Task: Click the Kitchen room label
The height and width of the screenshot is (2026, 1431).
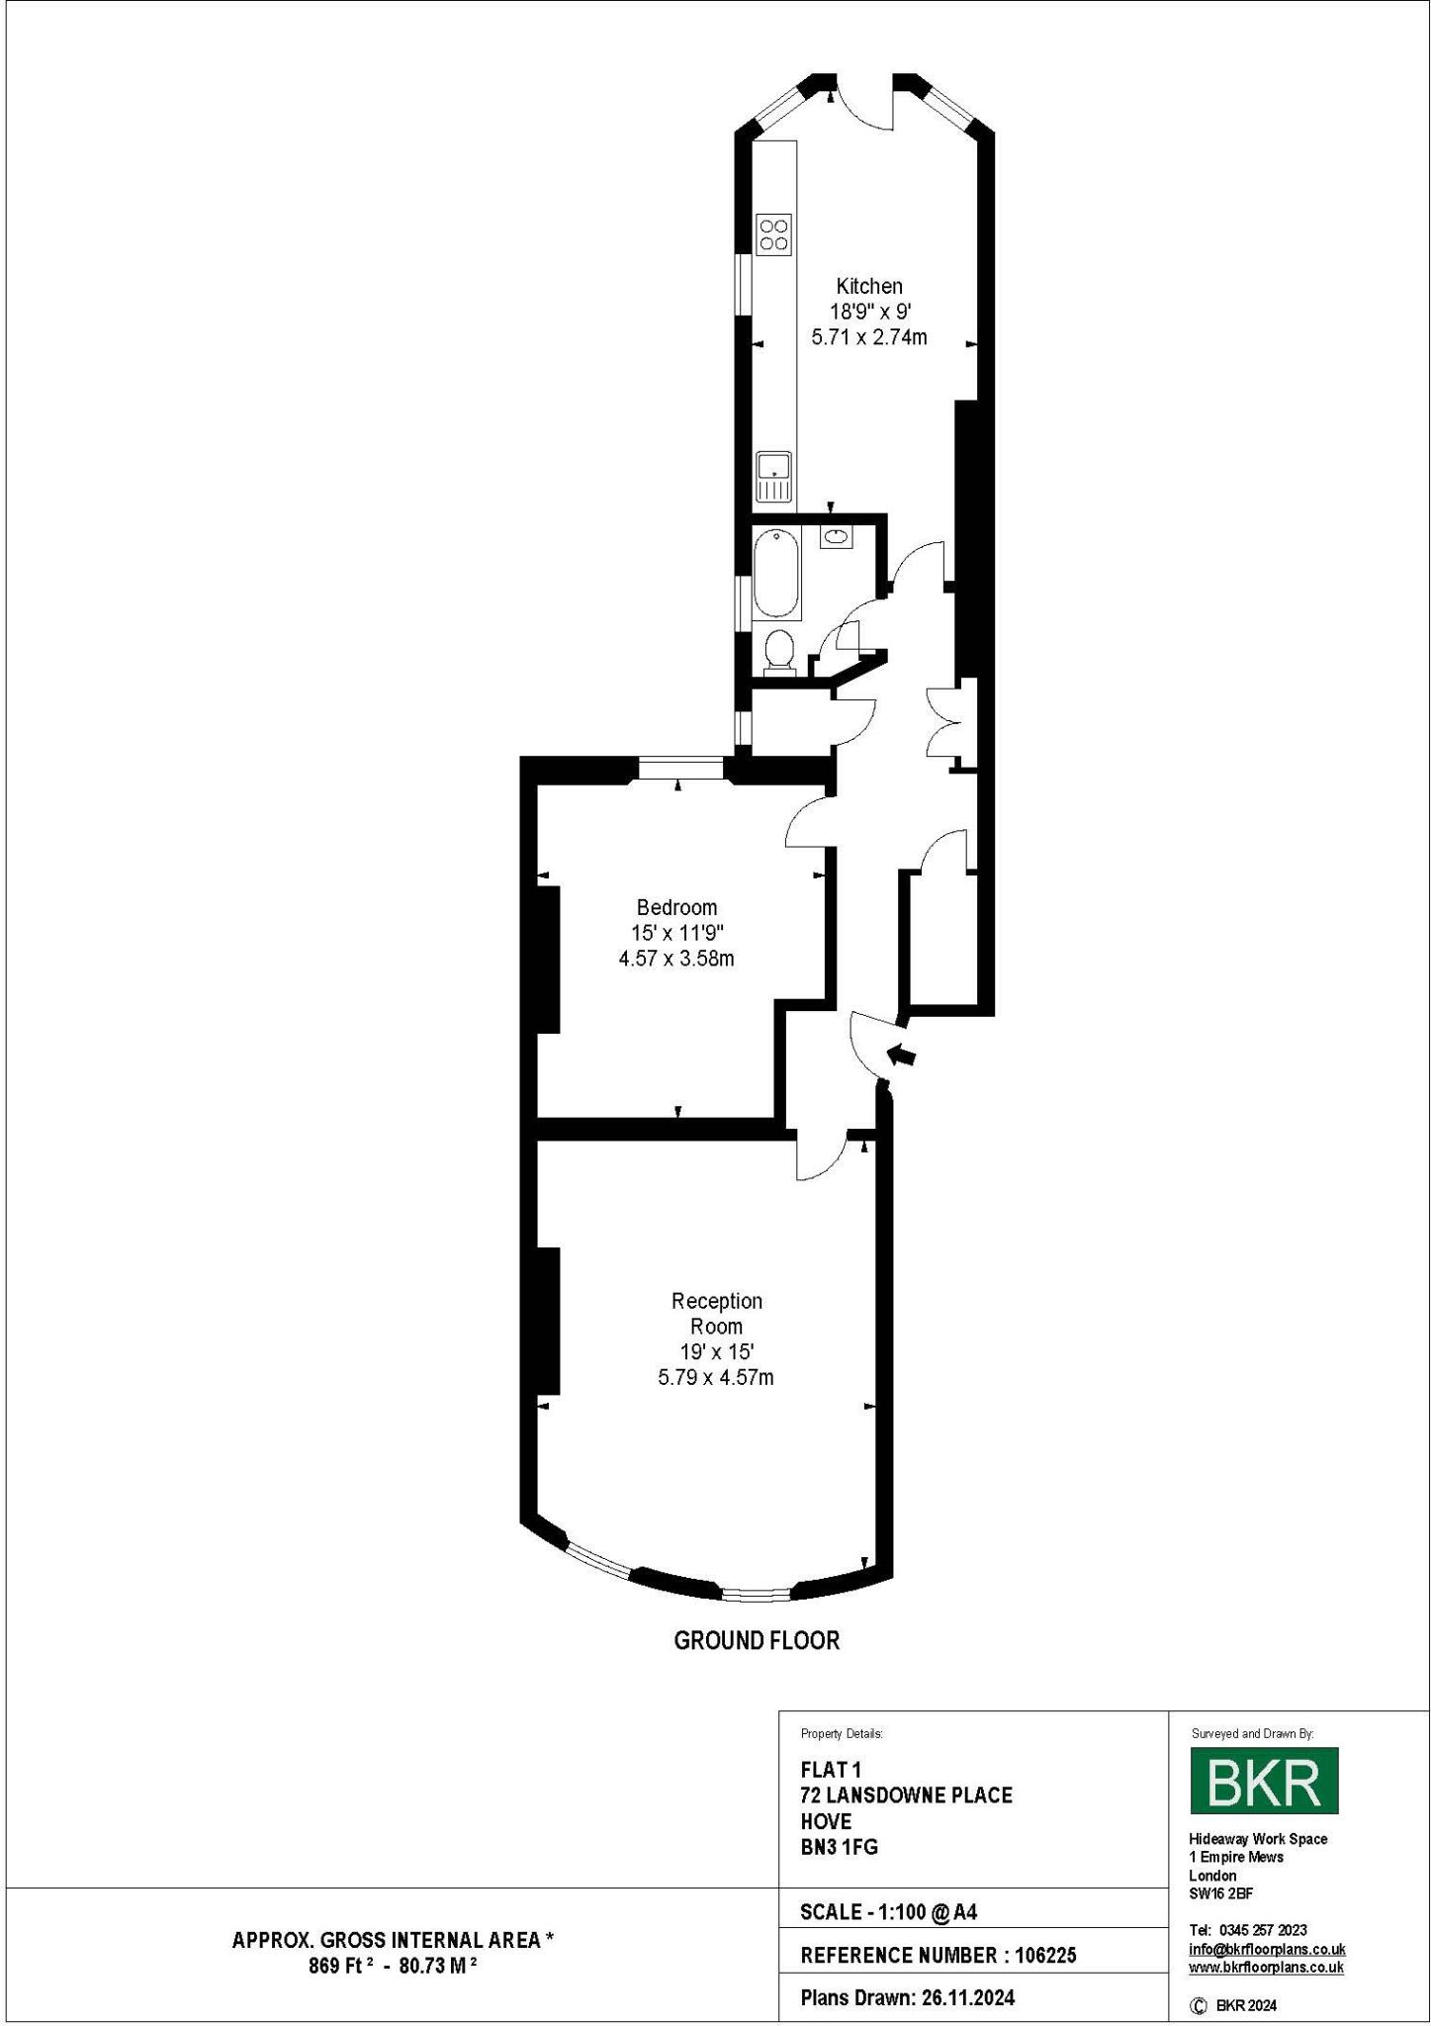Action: coord(869,286)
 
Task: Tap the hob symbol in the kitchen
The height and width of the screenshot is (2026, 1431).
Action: coord(773,233)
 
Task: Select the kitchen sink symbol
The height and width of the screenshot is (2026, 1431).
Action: coord(773,476)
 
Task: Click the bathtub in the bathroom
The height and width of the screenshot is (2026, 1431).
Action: coord(776,573)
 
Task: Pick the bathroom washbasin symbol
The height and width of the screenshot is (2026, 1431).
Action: coord(836,537)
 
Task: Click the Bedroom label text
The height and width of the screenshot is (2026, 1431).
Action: coord(676,907)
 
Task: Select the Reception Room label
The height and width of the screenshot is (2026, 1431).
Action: coord(716,1313)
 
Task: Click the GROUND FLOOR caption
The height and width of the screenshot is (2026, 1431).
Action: coord(757,1640)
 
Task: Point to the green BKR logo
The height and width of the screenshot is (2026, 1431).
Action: coord(1263,1781)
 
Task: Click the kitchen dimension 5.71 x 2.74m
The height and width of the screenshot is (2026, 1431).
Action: coord(869,337)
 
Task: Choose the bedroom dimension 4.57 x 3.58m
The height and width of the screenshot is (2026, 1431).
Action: coord(676,959)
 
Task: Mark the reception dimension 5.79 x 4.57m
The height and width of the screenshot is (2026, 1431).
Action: coord(716,1377)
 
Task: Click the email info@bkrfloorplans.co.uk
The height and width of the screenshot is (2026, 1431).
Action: coord(1266,1950)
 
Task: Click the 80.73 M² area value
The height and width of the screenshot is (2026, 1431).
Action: coord(437,1966)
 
